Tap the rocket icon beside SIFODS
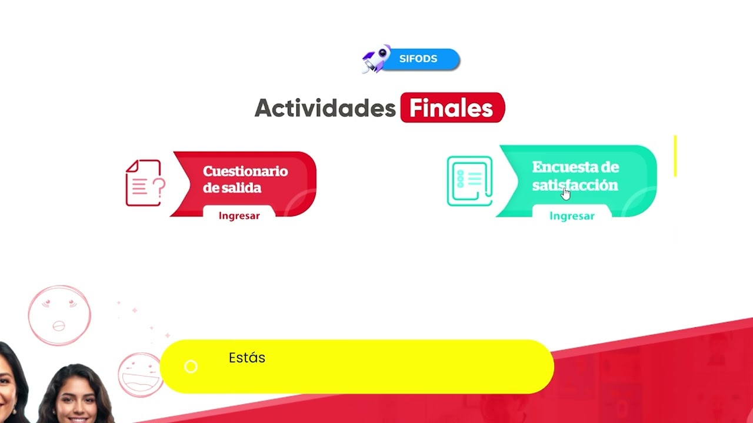click(x=376, y=59)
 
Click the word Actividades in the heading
click(x=325, y=108)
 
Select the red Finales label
click(x=452, y=108)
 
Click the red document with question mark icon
click(x=145, y=183)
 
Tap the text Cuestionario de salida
click(x=245, y=179)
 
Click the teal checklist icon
click(x=469, y=181)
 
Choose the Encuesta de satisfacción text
click(x=575, y=176)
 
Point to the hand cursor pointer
click(x=565, y=193)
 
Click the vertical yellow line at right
click(x=675, y=156)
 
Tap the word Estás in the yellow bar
click(x=247, y=358)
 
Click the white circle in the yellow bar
click(x=191, y=367)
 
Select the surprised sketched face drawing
click(x=59, y=315)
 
